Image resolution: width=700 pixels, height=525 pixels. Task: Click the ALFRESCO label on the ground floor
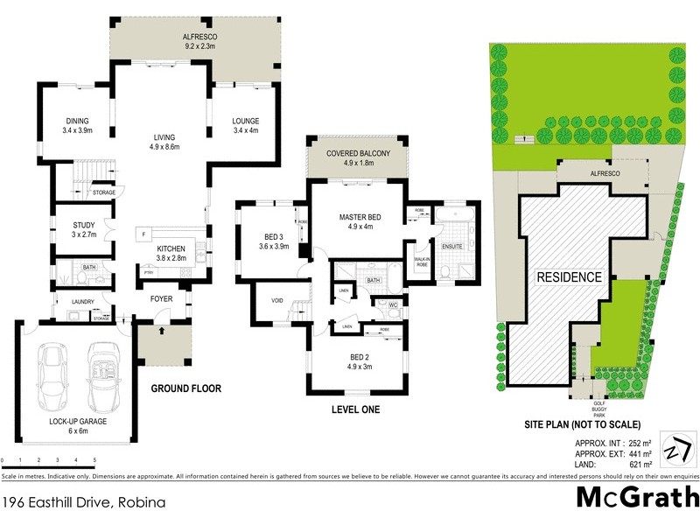199,37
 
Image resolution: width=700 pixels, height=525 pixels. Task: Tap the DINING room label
78,121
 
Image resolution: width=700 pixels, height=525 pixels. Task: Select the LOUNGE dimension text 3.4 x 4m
247,130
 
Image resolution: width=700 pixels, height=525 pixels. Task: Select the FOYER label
161,299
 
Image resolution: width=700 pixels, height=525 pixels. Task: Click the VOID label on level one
276,301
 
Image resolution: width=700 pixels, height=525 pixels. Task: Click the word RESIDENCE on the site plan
569,277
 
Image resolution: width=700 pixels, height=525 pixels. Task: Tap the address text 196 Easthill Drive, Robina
83,503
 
